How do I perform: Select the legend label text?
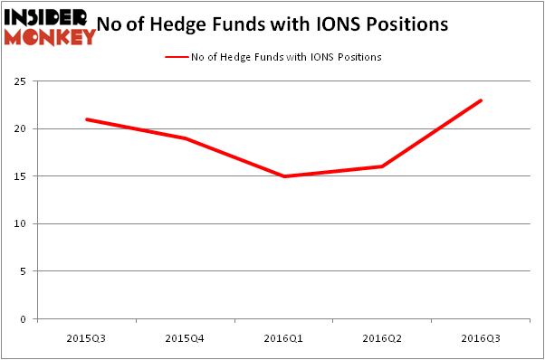pyautogui.click(x=286, y=57)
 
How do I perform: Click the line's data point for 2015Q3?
pyautogui.click(x=87, y=119)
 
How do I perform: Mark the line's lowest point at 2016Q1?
pyautogui.click(x=284, y=176)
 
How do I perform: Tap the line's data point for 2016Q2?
pyautogui.click(x=383, y=166)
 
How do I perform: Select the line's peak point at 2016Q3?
pyautogui.click(x=482, y=100)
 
